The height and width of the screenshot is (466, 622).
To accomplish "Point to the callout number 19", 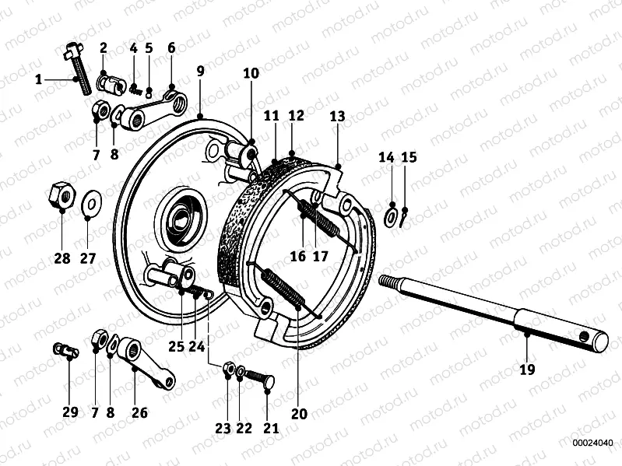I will coord(527,370).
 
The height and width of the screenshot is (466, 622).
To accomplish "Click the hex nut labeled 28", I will coord(61,194).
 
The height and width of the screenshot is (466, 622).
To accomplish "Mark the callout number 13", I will coord(336,117).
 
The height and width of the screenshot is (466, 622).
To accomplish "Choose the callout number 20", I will coord(299,413).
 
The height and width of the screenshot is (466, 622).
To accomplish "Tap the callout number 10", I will coord(251,74).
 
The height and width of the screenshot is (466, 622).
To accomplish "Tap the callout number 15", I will coord(409,158).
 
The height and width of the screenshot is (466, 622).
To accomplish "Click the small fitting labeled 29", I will coord(65,349).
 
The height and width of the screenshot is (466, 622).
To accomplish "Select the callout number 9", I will coord(200,71).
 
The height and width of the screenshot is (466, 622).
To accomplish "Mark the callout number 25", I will coord(177,347).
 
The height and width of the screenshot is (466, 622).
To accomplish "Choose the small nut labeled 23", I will coord(229,368).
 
